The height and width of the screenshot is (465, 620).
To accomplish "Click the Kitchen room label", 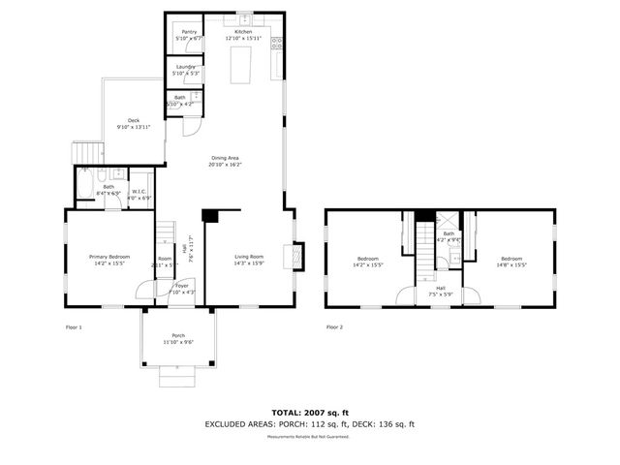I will tap(243, 32).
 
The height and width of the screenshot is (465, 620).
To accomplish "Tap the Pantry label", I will tap(188, 32).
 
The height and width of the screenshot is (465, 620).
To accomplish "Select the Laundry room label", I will tap(184, 67).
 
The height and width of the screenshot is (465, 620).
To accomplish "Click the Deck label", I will tap(133, 120).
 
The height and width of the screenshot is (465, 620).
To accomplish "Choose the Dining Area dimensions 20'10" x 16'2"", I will tap(225, 165).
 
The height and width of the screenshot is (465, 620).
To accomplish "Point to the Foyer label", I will tap(181, 286).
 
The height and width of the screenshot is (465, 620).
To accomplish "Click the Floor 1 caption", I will tap(74, 327).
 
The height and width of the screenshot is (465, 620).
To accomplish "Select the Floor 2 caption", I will tap(334, 327).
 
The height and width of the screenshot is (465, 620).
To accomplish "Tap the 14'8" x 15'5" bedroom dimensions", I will tap(511, 264).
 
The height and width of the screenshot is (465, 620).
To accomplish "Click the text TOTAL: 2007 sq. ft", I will tap(309, 413).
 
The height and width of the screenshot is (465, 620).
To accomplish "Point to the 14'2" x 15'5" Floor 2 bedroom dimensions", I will tap(368, 264).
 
